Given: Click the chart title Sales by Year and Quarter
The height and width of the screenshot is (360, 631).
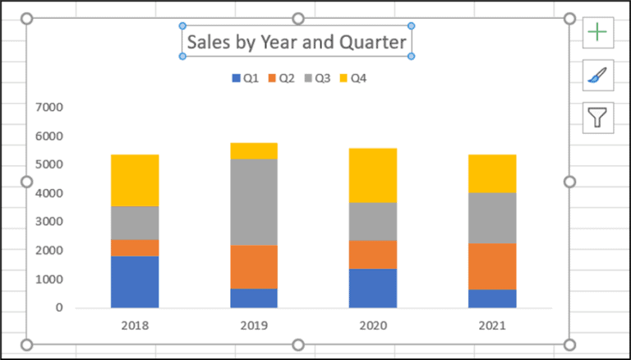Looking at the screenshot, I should [296, 41].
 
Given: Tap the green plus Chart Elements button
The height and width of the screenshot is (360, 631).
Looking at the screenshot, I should [597, 32].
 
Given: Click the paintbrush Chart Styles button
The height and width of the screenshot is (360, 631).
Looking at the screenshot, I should [597, 75].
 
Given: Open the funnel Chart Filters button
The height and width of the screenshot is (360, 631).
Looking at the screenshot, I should [597, 118].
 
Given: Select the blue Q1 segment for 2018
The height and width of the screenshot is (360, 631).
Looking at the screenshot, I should [135, 282].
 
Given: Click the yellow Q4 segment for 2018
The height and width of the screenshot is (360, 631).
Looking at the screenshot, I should [135, 180].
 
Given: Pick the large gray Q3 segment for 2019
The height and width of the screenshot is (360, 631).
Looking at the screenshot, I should [254, 202].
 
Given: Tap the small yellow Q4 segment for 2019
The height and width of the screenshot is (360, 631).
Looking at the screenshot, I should [254, 150].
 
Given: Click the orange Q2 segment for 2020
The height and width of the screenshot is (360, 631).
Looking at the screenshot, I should [373, 255].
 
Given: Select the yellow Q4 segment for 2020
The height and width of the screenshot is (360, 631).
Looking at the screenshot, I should [373, 176].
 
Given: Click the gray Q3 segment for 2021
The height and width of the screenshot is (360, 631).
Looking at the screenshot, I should [492, 218].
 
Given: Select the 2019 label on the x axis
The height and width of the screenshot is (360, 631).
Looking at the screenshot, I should [254, 325].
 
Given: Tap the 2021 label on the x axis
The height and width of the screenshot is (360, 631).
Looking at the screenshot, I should [492, 325].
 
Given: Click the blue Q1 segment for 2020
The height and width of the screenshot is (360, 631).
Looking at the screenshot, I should [373, 288].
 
